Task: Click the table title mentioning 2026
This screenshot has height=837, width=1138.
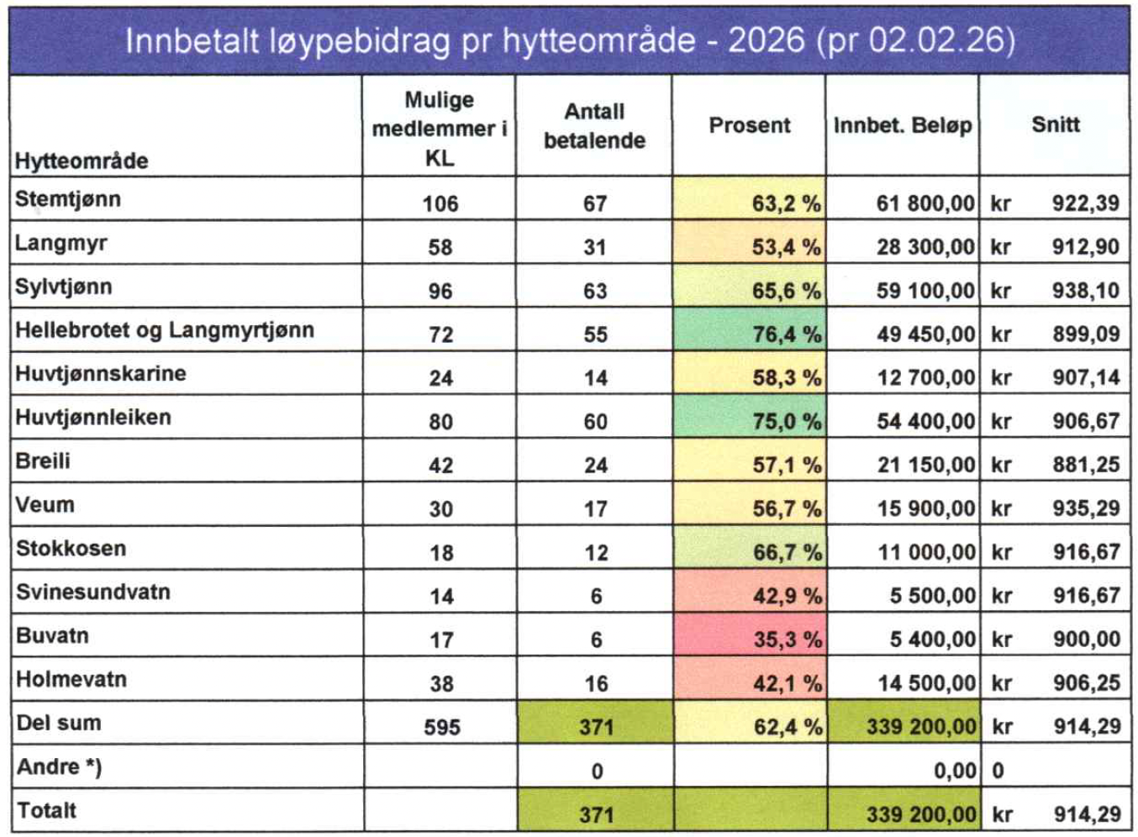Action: [569, 40]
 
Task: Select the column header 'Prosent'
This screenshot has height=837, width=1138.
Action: [749, 125]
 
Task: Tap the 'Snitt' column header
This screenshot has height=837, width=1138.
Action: [1055, 124]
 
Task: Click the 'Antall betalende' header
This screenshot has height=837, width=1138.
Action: [594, 126]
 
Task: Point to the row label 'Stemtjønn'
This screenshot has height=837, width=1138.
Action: [68, 199]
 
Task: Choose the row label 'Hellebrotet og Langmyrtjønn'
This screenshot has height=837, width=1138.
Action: [165, 330]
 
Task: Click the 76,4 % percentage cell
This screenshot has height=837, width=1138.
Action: [786, 334]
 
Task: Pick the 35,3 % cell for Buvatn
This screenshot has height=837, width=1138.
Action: [787, 640]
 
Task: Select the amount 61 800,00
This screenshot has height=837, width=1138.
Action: [925, 203]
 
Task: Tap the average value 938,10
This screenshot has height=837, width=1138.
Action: [1085, 291]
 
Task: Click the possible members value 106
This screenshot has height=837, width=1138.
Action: [440, 203]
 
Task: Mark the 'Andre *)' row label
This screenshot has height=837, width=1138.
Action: [59, 766]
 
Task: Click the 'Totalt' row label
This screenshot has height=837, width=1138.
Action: [47, 810]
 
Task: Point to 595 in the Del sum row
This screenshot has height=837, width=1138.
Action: [441, 727]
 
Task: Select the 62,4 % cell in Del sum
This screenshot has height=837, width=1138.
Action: [787, 727]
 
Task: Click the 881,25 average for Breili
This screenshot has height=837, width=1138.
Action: [1086, 465]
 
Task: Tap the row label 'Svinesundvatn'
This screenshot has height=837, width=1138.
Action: [93, 592]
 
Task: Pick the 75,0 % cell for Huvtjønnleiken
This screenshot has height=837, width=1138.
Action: [786, 421]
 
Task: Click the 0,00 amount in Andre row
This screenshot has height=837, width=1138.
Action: [955, 771]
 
